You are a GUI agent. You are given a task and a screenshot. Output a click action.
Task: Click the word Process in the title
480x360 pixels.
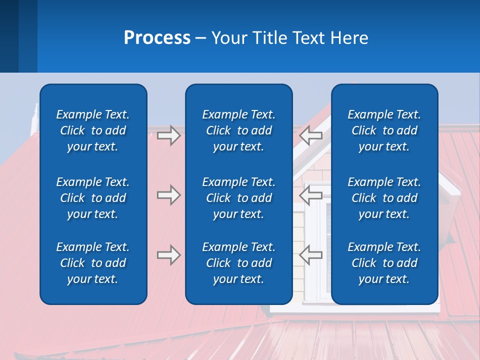pos(157,38)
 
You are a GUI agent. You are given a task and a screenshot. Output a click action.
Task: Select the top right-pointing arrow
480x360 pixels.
pos(169,135)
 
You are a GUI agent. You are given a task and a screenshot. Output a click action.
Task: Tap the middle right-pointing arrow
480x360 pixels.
pos(169,195)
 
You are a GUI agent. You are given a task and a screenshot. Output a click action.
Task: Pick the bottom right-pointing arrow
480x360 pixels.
pos(169,255)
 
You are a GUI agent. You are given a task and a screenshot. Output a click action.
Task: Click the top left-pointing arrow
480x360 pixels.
pos(311,135)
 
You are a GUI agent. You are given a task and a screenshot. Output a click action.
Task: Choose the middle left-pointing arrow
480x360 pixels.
pos(311,195)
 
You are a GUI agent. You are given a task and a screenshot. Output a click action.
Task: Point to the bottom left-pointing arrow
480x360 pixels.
pos(311,255)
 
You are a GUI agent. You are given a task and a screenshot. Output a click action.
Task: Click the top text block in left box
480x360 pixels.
pos(93,130)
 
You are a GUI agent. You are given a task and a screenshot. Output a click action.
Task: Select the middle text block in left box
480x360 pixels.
pos(93,198)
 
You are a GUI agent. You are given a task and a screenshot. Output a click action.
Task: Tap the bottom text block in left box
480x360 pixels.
pos(93,263)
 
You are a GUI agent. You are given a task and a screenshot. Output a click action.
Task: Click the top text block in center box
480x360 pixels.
pos(239,130)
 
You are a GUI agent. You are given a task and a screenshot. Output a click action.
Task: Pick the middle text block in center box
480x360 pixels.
pos(239,198)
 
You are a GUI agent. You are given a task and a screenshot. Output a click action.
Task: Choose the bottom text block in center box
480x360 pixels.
pos(239,263)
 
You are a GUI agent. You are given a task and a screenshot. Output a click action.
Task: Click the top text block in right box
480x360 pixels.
pos(384,130)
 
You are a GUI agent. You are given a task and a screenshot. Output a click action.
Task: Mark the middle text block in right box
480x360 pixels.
pos(384,198)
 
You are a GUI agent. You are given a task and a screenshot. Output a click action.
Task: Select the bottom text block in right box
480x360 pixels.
pos(384,263)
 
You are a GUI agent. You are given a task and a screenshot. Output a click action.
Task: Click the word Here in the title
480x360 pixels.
pos(349,38)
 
